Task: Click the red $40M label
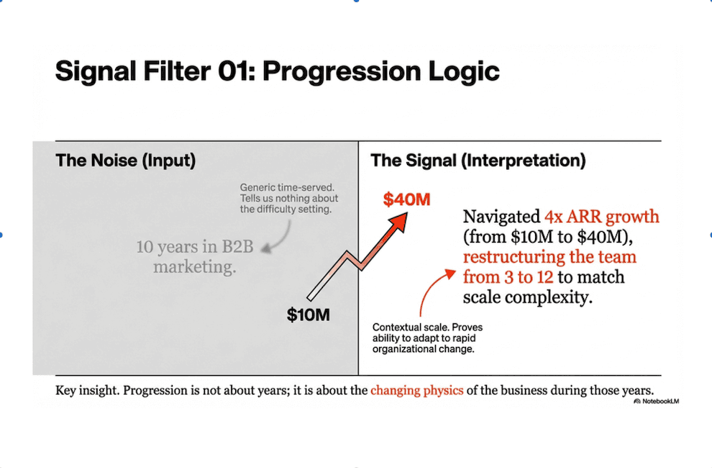[406, 199]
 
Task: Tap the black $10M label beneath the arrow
[309, 315]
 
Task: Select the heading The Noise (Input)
[125, 161]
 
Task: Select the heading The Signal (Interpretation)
[478, 161]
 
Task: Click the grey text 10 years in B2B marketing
[195, 256]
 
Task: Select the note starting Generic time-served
[289, 198]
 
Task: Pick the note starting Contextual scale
[427, 338]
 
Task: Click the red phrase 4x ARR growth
[602, 217]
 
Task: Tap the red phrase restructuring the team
[549, 257]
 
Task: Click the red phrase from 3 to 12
[508, 277]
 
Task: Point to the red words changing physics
[417, 390]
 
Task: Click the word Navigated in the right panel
[502, 217]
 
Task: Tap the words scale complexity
[528, 297]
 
